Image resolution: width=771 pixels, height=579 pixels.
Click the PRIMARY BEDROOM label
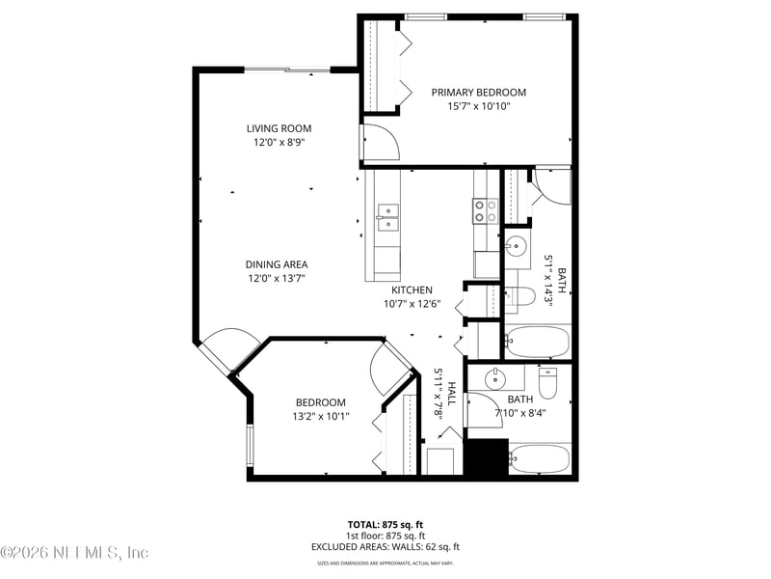point(478,93)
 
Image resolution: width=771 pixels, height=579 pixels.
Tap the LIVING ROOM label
point(279,128)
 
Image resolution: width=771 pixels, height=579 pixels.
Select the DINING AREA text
point(278,264)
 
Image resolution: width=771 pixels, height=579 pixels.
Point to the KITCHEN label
point(412,289)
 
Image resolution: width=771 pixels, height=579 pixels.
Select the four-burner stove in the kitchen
point(484,210)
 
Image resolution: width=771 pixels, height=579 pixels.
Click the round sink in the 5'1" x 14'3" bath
point(517,245)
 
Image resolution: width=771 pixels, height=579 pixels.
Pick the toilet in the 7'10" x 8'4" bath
point(547,383)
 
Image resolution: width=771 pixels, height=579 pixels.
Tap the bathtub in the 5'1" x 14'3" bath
point(537,342)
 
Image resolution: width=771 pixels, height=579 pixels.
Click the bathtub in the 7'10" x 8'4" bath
point(540,458)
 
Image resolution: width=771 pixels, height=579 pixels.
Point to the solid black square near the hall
point(486,457)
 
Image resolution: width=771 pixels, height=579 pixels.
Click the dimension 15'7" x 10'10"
point(478,106)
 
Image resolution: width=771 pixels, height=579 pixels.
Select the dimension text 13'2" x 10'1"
point(321,417)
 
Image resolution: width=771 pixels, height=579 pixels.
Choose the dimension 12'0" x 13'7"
point(278,278)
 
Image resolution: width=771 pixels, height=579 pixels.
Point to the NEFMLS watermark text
point(74,552)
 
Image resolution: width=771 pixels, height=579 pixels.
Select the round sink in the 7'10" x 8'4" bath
point(498,377)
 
